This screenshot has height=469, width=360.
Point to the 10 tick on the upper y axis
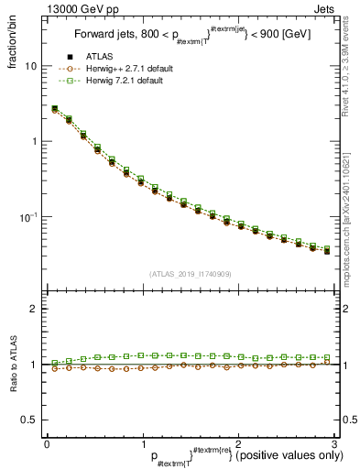(31, 66)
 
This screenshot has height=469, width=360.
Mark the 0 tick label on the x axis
(47, 444)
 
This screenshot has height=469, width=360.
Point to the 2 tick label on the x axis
(237, 444)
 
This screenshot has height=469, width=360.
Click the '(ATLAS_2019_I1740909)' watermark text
(190, 274)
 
